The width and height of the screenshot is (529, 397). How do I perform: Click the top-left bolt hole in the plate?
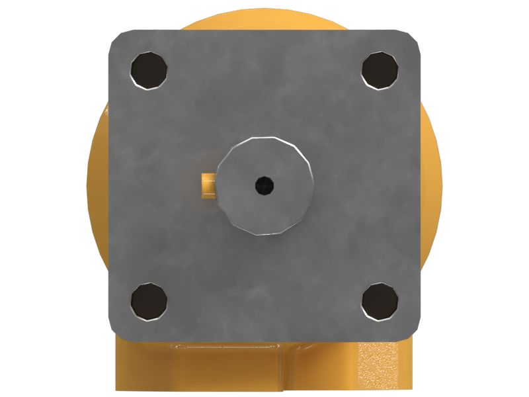(x=149, y=69)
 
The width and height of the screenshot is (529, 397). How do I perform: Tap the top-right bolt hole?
(x=380, y=68)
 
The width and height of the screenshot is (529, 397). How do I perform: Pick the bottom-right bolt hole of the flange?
(x=380, y=301)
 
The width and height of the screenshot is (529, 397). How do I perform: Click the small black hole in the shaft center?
(x=264, y=186)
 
